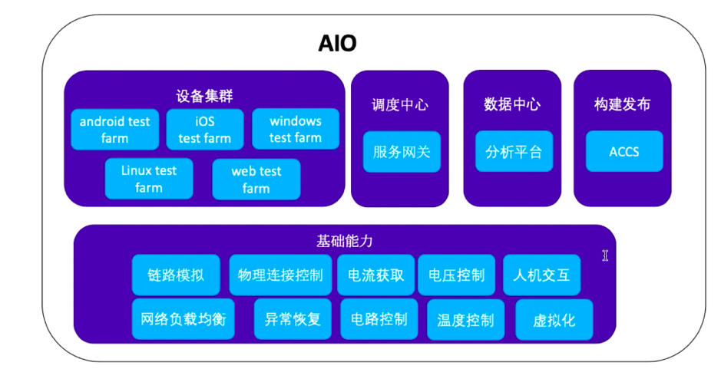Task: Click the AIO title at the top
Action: [338, 44]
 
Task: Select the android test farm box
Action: [115, 129]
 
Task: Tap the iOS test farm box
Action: [205, 129]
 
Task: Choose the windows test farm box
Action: [296, 129]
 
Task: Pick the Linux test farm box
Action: [149, 179]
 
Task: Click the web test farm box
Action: [256, 180]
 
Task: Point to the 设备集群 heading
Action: [204, 96]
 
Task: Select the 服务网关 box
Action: [402, 152]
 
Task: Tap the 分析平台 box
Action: [514, 151]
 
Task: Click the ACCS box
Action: [624, 151]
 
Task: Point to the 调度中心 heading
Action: [400, 105]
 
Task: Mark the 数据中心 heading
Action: [512, 104]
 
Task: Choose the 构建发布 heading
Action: [623, 104]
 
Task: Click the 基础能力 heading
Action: [345, 241]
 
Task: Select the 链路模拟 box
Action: [176, 275]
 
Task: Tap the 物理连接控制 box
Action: [280, 275]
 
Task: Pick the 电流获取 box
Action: [376, 275]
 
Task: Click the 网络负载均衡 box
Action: [184, 319]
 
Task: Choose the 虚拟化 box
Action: [554, 320]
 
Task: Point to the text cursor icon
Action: [605, 255]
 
